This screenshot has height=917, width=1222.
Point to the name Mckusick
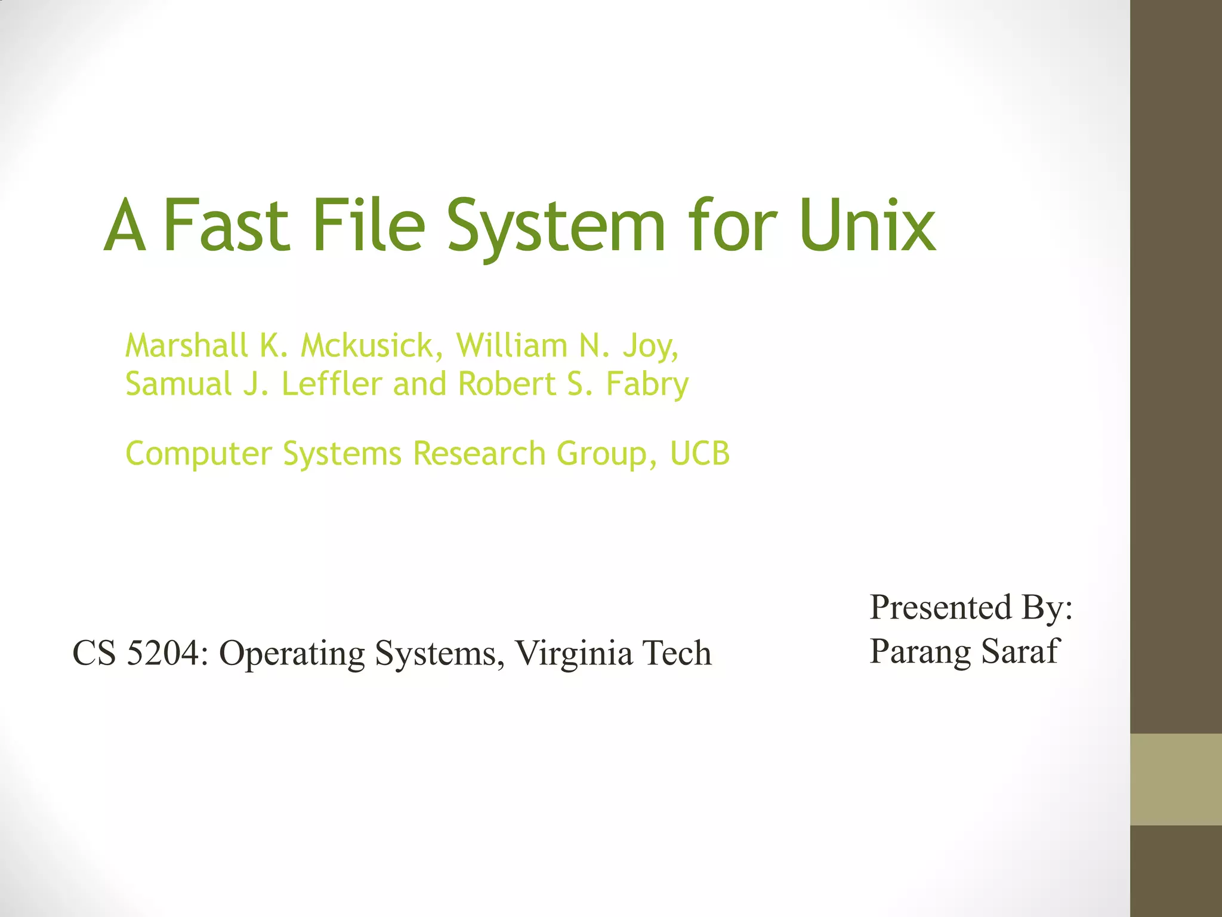(x=372, y=346)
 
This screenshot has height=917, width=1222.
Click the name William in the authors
(x=511, y=346)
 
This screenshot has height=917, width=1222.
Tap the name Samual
(x=178, y=384)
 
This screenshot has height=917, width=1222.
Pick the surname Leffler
(x=331, y=384)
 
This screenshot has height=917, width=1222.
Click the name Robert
(x=507, y=384)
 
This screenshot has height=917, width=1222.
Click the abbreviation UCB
(x=699, y=454)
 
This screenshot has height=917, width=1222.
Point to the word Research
(x=479, y=454)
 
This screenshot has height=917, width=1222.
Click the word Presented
(x=940, y=608)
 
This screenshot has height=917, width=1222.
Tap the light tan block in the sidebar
(x=1175, y=779)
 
